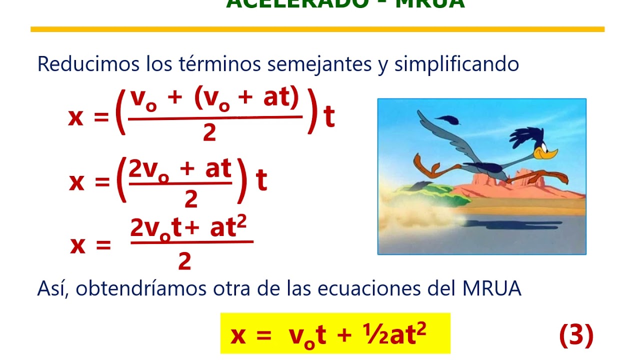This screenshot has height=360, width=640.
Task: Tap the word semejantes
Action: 319,64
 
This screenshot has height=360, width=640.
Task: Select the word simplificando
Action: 456,64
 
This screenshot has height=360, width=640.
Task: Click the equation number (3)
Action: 576,335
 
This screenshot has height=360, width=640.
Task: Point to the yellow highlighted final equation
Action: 335,333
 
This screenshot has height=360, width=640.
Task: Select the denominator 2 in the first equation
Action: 209,132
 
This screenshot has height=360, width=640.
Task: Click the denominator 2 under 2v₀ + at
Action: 191,198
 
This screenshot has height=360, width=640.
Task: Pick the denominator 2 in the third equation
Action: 184,261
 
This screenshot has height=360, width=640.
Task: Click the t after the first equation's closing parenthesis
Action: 329,118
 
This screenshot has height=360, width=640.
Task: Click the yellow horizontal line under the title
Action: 317,29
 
